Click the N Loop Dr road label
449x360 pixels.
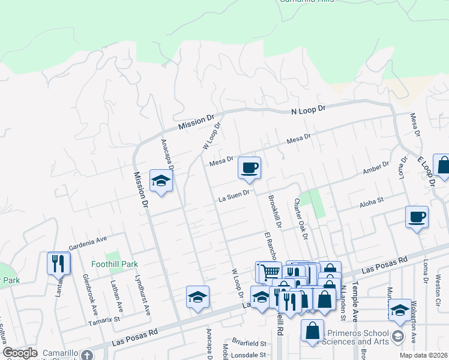(x=307, y=110)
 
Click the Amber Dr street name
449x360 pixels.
(x=376, y=169)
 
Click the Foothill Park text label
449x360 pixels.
(x=115, y=264)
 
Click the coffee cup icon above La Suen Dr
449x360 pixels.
(x=249, y=167)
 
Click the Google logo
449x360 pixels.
(x=20, y=353)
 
